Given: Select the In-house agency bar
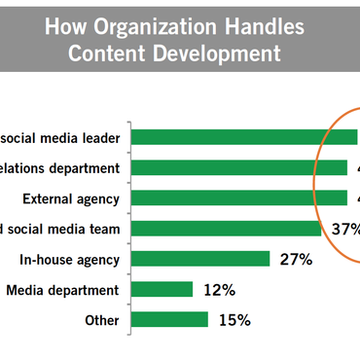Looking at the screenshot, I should click(199, 259).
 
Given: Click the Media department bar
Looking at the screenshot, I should click(161, 290).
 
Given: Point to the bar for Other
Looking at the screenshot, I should click(168, 319).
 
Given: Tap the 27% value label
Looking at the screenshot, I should click(294, 260).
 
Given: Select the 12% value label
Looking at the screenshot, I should click(217, 290).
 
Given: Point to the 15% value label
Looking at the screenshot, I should click(234, 320).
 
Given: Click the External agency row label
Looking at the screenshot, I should click(70, 198).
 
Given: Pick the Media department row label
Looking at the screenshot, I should click(62, 290).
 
